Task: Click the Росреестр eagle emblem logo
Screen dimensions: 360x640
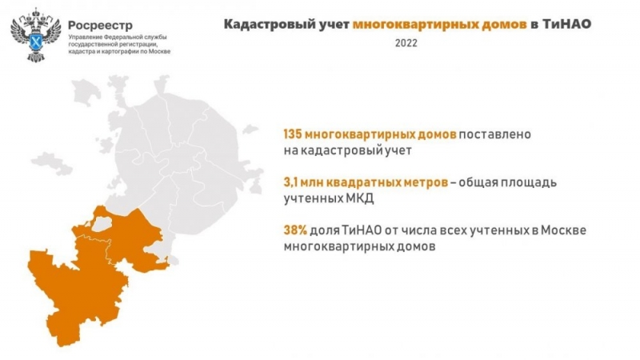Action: pyautogui.click(x=31, y=34)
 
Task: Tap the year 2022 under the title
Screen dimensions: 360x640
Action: pyautogui.click(x=405, y=42)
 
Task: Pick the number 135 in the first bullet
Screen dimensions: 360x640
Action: pyautogui.click(x=293, y=134)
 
